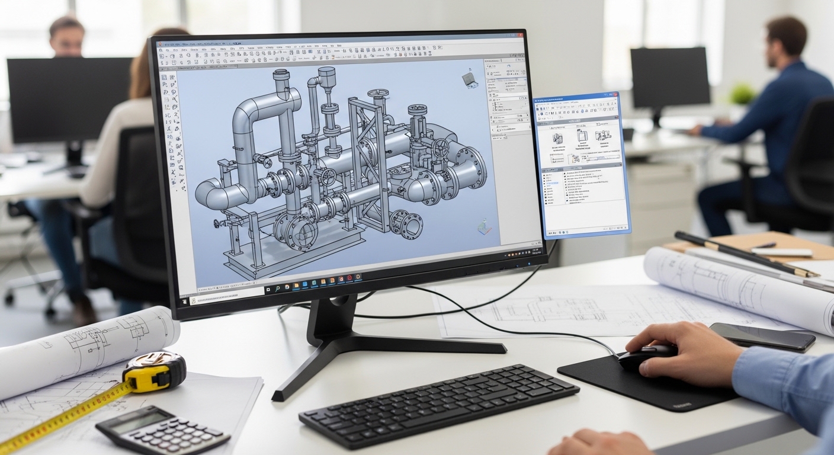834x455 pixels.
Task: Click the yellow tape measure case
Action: [x=155, y=371]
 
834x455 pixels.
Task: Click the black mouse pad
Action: [x=640, y=385]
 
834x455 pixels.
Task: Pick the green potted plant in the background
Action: [x=743, y=93]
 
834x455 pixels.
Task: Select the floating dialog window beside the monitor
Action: [x=582, y=164]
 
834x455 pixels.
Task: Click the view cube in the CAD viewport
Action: [x=470, y=79]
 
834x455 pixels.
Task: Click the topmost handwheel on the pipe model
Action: [x=377, y=94]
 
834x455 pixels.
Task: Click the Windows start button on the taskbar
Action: [x=184, y=301]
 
